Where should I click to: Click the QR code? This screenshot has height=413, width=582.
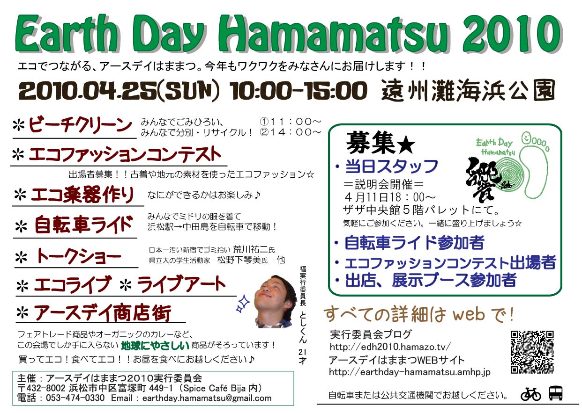pos(532,352)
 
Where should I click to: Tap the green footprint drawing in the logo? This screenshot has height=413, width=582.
pos(535,166)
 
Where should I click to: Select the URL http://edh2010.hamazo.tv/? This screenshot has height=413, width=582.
pos(390,347)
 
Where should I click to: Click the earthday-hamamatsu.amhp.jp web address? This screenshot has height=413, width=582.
pos(410,372)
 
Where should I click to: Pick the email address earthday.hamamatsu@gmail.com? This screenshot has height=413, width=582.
pos(207,398)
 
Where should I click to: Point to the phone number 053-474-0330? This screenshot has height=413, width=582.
pos(75,398)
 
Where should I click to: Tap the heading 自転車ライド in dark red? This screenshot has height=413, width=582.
pos(83,225)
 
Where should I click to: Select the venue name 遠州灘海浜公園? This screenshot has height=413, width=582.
pos(468,90)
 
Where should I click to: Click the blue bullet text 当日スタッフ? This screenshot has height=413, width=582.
pos(391,167)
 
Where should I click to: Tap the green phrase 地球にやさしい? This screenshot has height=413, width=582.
pos(155,345)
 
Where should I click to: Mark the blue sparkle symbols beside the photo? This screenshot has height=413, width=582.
pos(243,304)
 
